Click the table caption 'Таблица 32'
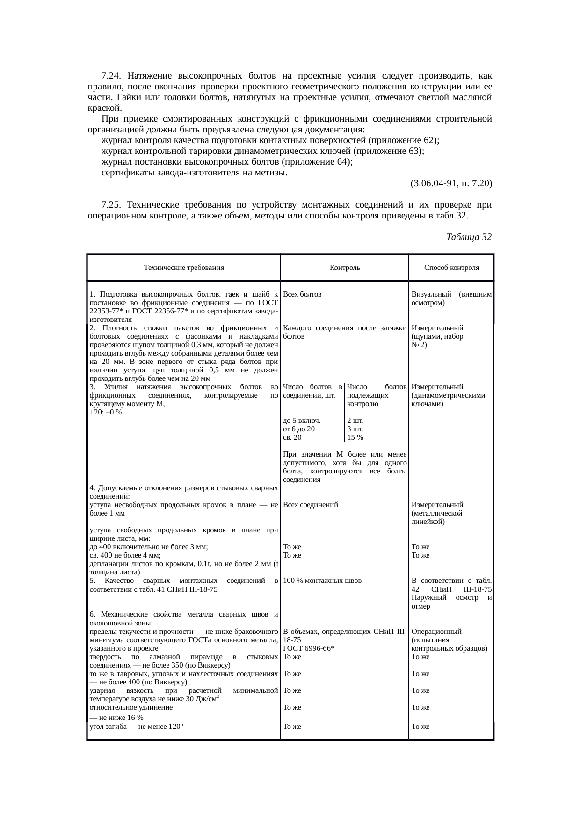point(468,237)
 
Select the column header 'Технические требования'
point(184,268)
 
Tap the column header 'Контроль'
point(344,268)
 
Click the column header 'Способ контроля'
point(451,268)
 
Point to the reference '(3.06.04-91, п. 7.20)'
point(451,183)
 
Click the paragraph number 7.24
point(112,76)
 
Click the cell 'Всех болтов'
point(302,294)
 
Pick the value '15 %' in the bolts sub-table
point(355,437)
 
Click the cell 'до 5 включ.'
point(302,421)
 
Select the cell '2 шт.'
point(355,421)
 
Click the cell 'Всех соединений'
point(311,505)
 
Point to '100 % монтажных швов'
point(322,581)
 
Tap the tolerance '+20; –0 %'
point(106,412)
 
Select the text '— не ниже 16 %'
point(116,718)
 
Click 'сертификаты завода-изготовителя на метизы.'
point(195,173)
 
